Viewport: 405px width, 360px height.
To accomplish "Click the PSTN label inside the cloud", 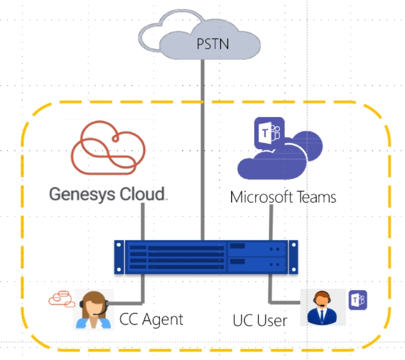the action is point(213,44).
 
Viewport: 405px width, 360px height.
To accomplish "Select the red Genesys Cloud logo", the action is point(108,147).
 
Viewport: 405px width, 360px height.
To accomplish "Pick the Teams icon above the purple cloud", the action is point(270,133).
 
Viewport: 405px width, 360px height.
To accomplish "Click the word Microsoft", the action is point(261,197).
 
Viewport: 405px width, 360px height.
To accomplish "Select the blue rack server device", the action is point(206,257).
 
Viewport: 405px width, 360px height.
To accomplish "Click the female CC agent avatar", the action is point(94,309).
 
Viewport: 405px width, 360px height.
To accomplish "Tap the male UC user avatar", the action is point(322,307).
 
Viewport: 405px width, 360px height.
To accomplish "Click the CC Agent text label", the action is point(151,320).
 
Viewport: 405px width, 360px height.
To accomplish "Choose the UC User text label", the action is point(260,320).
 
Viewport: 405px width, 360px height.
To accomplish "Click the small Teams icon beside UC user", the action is point(358,300).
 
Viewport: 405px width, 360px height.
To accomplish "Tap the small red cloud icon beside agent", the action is point(62,299).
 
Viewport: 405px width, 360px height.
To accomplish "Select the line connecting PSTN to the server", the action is point(202,150).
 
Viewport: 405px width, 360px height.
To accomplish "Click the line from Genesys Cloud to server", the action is point(143,222).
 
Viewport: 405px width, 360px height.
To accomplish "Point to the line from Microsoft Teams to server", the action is point(271,222).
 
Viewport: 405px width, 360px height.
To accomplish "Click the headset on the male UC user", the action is point(322,299).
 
